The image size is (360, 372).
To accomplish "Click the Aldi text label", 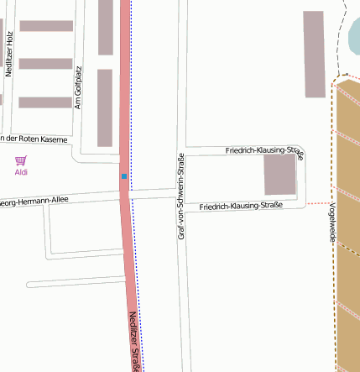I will pos(21,172).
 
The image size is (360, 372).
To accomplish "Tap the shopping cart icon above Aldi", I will pos(21,160).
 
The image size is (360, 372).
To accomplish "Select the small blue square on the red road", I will pos(124,176).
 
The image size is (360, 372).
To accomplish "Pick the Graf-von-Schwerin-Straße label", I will pos(180,197).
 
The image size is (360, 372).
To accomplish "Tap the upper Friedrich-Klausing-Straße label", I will pos(263,150).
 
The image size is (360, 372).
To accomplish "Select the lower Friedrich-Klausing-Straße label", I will pos(241,206).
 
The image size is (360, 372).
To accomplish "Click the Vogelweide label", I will pos(333,223).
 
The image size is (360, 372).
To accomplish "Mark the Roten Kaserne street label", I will pos(34,139).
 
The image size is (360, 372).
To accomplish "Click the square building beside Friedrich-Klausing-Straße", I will pos(280,175).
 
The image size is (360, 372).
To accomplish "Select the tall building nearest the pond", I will pos(313,54).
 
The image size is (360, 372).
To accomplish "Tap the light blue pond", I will pos(354,38).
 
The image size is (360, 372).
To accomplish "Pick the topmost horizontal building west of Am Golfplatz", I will pos(45,26).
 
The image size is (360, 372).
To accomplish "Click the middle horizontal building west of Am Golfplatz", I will pos(45,64).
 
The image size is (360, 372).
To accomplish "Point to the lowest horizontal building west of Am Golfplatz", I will pos(45,102).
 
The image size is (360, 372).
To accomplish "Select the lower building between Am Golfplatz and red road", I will pos(105,107).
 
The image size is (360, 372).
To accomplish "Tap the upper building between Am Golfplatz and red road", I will pos(106,27).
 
